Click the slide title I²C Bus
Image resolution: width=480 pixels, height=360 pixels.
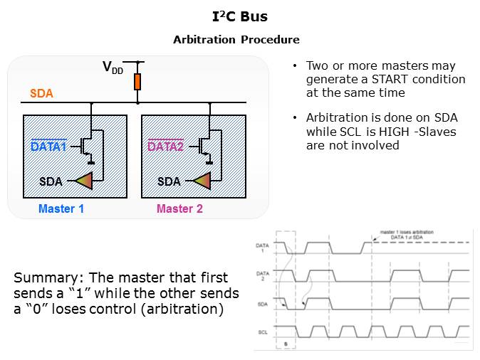point(241,16)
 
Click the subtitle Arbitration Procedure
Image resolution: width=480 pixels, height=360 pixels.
point(236,40)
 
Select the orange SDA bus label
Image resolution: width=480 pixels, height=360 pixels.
point(41,94)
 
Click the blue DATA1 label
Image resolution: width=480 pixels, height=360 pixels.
point(48,147)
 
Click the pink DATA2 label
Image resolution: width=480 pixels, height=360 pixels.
point(166,147)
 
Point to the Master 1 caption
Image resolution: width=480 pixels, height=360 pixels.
point(61,208)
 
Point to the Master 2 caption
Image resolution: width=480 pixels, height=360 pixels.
point(179,208)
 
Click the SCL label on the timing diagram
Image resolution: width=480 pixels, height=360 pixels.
point(261,332)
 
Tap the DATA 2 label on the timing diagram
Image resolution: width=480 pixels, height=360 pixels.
point(261,275)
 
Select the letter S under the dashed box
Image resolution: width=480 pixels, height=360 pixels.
point(286,344)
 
